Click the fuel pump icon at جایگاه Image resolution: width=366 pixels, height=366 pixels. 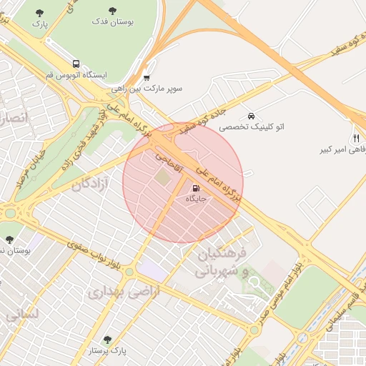click(195, 189)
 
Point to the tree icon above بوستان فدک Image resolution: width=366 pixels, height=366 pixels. click(113, 11)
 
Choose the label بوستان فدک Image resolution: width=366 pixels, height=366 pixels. click(113, 21)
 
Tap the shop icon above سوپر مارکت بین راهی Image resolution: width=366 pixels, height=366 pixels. click(147, 78)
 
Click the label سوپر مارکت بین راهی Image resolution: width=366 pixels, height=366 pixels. click(147, 89)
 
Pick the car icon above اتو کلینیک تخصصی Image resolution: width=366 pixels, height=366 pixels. click(251, 116)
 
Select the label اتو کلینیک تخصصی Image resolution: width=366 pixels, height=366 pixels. click(251, 127)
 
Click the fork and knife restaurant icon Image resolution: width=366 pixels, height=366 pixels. click(355, 138)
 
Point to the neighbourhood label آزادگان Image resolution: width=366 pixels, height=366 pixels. click(91, 183)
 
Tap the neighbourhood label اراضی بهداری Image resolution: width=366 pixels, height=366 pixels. click(117, 292)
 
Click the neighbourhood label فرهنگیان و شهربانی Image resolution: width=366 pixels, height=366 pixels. click(222, 262)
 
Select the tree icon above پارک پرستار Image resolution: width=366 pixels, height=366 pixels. click(107, 340)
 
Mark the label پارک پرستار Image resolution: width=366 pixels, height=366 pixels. click(107, 351)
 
